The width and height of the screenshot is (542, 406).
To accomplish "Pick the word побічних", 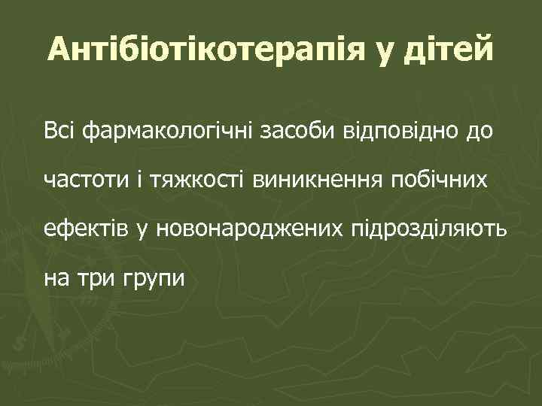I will point(439,181).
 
